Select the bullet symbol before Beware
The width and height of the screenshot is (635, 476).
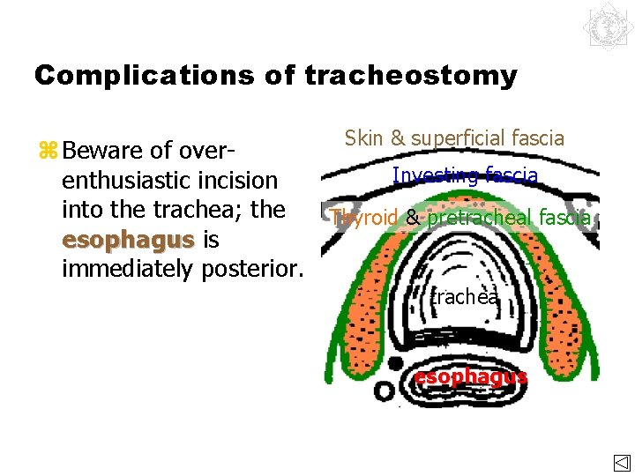(x=48, y=149)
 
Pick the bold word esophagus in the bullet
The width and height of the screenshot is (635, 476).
(x=127, y=239)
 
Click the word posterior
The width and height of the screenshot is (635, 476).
(x=253, y=268)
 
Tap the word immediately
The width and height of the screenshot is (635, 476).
(x=127, y=268)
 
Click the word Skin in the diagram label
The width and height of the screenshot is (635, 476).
(x=363, y=138)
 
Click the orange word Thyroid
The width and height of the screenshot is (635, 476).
(x=364, y=217)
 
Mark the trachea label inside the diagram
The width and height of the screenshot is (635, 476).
(x=465, y=298)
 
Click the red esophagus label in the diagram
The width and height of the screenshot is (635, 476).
(x=470, y=376)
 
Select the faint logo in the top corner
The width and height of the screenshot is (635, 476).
(x=607, y=27)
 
